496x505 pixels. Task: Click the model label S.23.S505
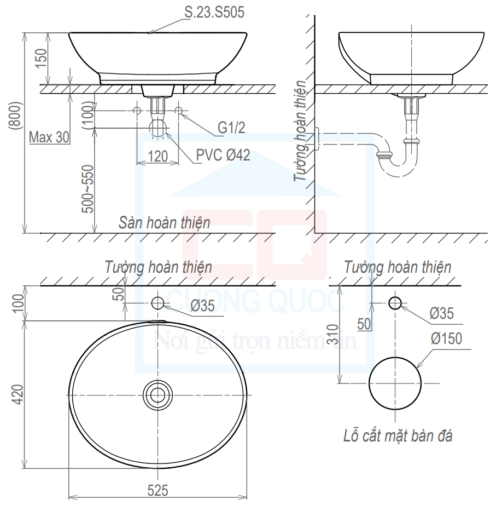coord(214,12)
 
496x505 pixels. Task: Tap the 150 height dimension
coord(41,58)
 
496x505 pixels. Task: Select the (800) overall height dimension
coord(16,116)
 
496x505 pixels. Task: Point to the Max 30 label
coord(49,137)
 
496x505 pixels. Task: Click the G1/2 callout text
coord(231,128)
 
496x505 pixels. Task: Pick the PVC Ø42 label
coord(223,155)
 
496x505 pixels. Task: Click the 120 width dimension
coord(157,157)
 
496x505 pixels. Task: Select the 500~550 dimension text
coord(87,189)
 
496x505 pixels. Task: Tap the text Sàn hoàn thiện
coord(165,222)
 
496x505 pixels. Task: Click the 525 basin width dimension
coord(157,491)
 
